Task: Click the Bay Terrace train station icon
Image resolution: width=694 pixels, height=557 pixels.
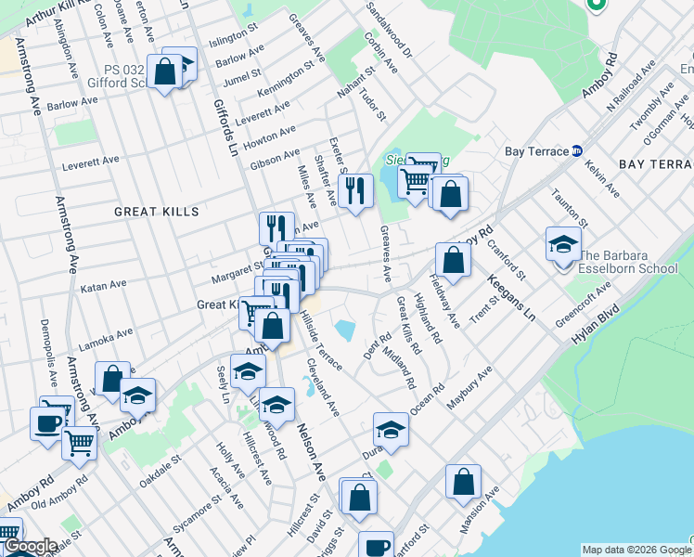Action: pyautogui.click(x=577, y=150)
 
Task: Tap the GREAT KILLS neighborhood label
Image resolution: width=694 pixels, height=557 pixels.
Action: pyautogui.click(x=156, y=212)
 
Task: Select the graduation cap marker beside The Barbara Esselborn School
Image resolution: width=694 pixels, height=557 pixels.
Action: pyautogui.click(x=563, y=245)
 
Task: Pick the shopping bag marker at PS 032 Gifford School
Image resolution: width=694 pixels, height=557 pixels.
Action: pyautogui.click(x=164, y=71)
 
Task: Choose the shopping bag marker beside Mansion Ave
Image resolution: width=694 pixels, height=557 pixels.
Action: pyautogui.click(x=463, y=483)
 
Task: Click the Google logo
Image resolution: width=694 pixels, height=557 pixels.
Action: pyautogui.click(x=30, y=547)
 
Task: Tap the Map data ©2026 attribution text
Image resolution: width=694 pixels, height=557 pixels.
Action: pyautogui.click(x=634, y=549)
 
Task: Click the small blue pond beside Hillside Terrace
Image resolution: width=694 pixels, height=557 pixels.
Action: pyautogui.click(x=345, y=329)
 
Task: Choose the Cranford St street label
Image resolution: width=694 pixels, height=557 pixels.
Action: pyautogui.click(x=508, y=261)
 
